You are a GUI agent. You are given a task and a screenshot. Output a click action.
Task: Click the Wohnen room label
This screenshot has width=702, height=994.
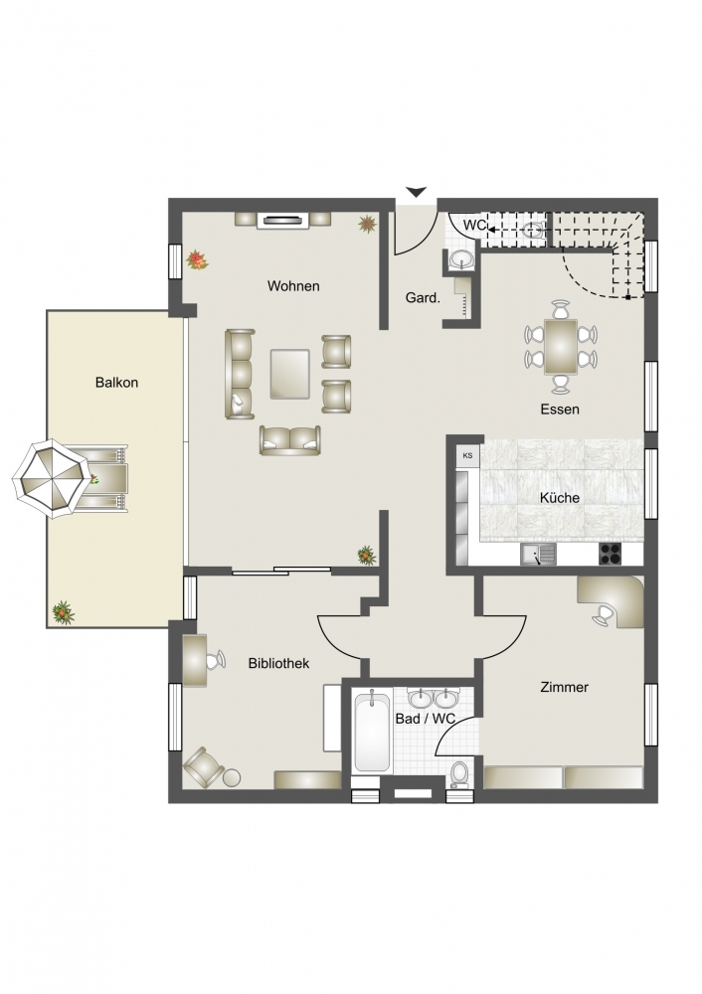point(293,286)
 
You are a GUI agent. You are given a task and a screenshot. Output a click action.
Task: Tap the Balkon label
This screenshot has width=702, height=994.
point(116,383)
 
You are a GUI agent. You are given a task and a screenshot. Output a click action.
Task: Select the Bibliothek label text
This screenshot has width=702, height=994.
point(278,663)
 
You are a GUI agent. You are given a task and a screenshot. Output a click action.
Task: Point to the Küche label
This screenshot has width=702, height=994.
point(560,498)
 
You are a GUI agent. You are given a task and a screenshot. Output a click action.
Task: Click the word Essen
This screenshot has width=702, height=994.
point(560,409)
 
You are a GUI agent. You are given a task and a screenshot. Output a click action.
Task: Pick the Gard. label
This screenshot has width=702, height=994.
point(423,297)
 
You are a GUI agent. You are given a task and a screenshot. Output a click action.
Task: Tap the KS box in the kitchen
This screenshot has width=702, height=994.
point(468,455)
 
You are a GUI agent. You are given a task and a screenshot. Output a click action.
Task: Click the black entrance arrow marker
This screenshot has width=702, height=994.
point(417,192)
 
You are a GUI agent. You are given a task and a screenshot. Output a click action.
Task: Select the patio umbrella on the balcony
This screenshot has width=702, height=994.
point(51,479)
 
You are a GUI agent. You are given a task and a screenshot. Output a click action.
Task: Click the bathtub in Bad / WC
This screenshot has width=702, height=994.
point(372,733)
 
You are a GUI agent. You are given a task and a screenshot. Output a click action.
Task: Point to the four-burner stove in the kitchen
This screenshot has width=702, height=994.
point(612,554)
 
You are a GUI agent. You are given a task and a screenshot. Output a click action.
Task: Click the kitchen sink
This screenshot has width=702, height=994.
point(538,554)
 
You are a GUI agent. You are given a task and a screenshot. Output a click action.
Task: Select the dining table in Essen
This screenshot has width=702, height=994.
point(561,347)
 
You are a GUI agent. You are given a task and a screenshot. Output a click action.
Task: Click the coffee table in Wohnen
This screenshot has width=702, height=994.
point(289,374)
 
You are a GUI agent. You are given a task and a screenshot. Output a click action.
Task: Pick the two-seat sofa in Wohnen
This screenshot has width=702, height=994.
point(289,440)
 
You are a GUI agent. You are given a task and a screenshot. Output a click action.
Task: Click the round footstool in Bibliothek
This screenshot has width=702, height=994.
point(232,777)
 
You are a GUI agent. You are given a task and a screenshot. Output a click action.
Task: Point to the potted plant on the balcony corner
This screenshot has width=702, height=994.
point(63,611)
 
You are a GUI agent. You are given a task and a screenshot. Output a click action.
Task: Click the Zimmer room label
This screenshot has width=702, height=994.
point(564,687)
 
